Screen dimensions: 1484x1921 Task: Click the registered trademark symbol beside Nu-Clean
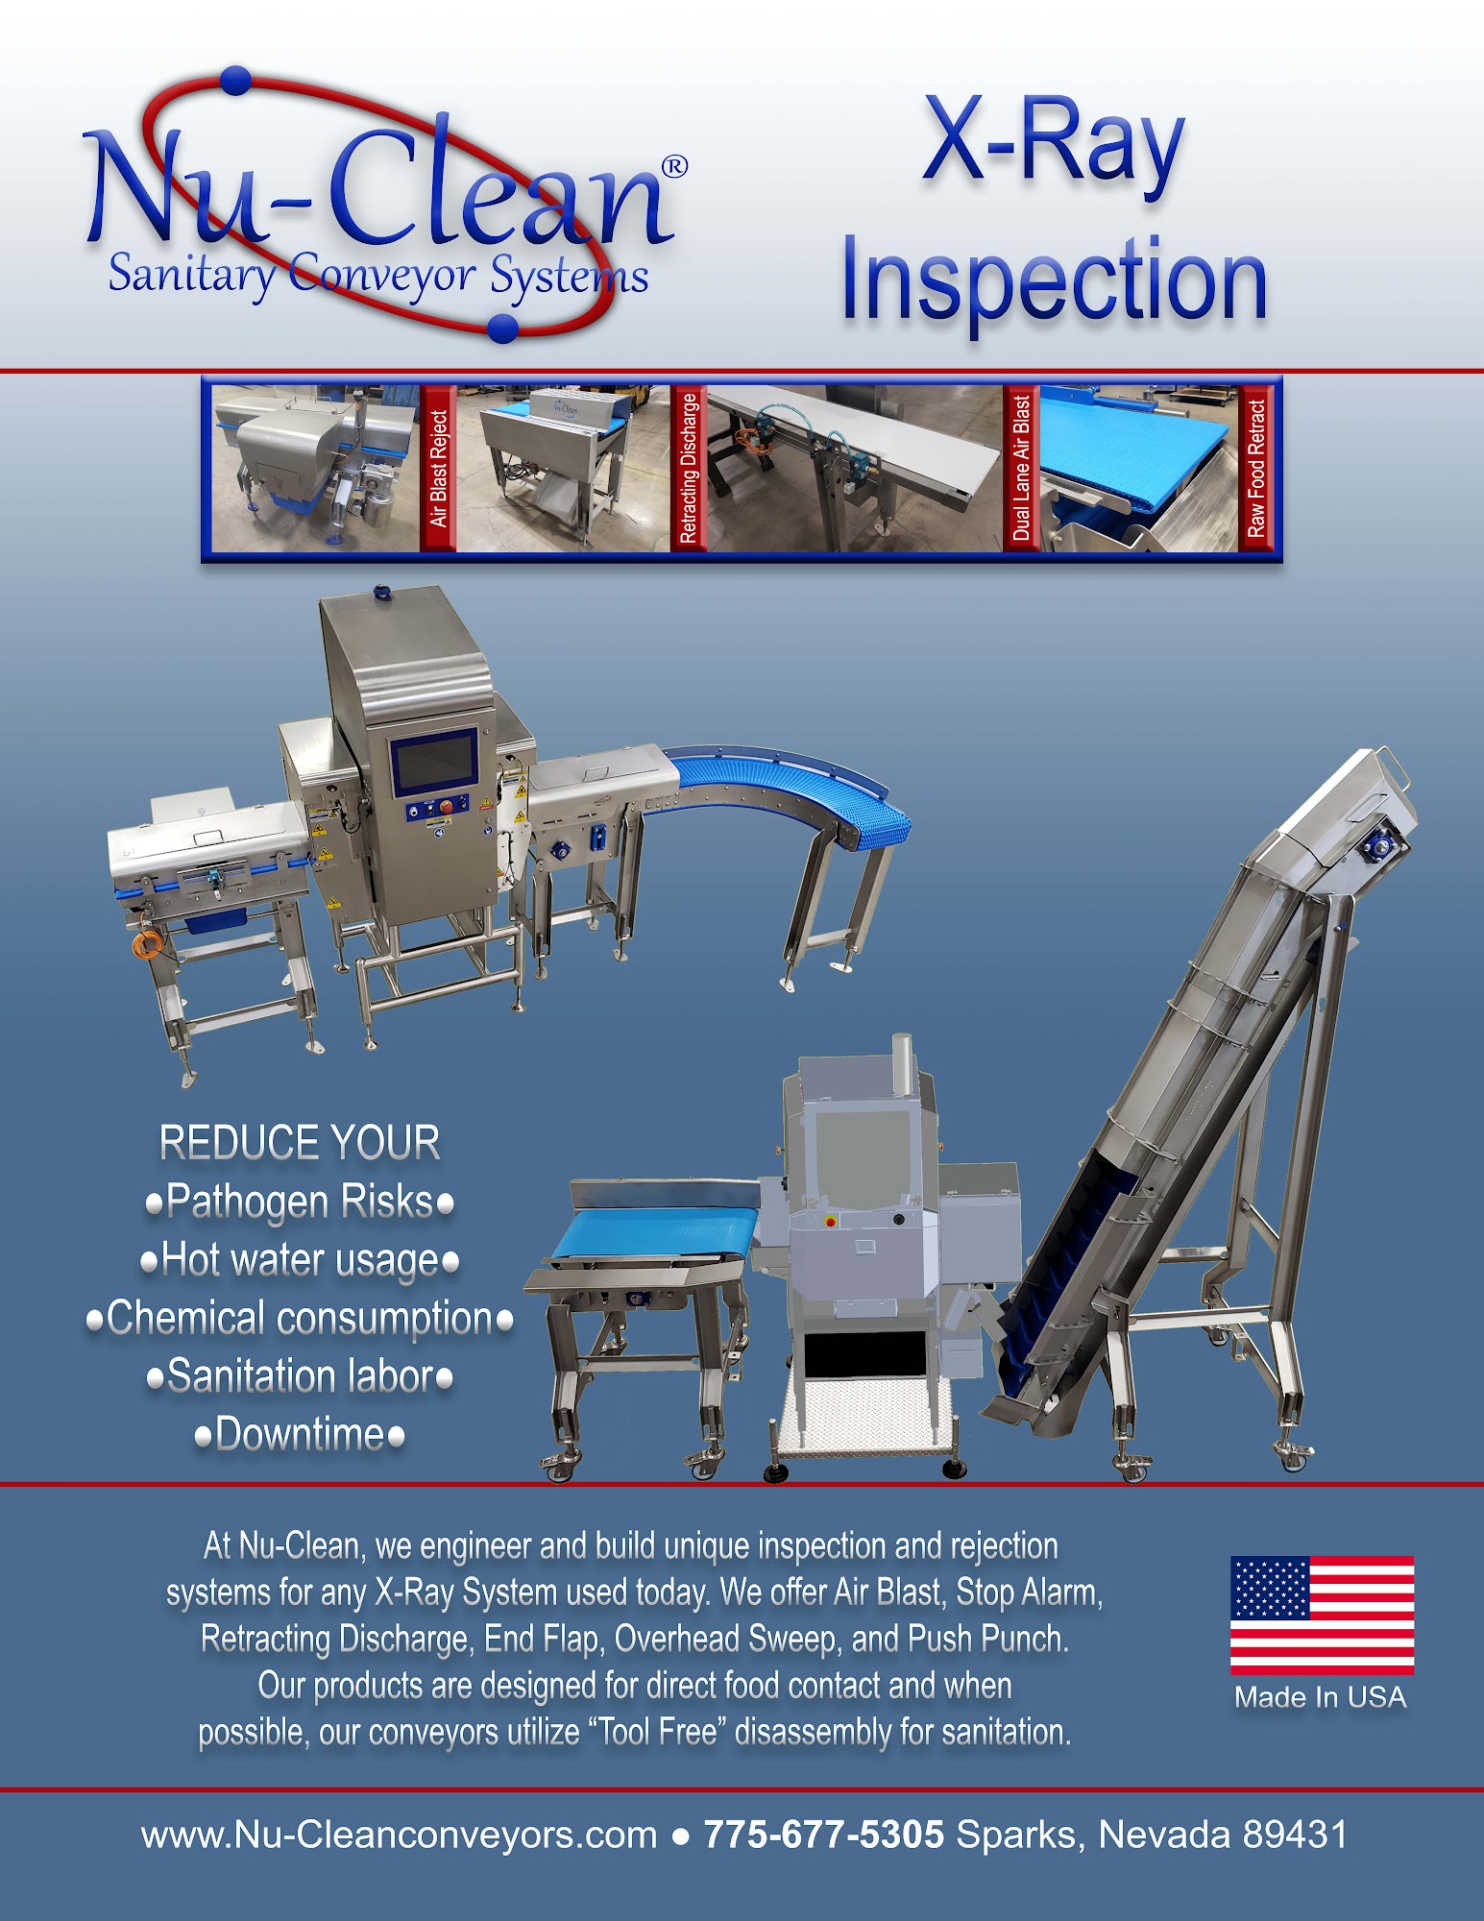click(675, 166)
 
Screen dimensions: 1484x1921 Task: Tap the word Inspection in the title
click(1054, 282)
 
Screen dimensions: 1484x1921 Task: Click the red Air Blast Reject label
click(439, 469)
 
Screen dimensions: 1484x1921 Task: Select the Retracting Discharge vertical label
click(688, 469)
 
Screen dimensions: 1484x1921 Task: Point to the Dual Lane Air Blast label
click(1021, 469)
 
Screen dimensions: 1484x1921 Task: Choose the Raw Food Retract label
click(1255, 469)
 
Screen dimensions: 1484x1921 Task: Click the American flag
click(1322, 1615)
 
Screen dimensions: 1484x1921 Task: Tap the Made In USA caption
click(1321, 1697)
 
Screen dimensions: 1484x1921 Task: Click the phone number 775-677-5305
click(824, 1835)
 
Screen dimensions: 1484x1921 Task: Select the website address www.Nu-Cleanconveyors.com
click(399, 1836)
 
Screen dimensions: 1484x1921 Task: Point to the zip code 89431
click(1295, 1835)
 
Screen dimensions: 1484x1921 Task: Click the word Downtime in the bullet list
click(301, 1434)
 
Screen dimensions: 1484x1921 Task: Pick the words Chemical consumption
click(300, 1319)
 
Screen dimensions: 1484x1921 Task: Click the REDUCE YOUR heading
click(300, 1143)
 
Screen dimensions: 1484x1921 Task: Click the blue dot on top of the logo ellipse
click(236, 81)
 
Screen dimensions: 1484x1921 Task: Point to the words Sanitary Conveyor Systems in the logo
click(378, 276)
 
